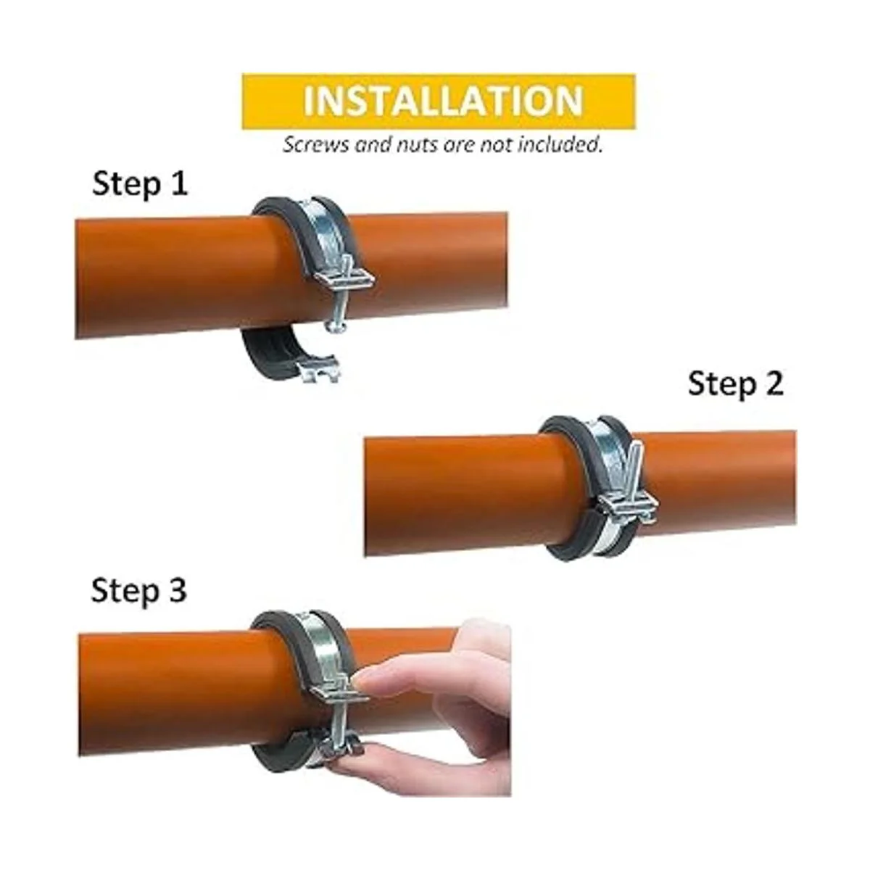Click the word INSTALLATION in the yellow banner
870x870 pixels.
click(442, 101)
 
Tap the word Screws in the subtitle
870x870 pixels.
click(316, 144)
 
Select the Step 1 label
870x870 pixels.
click(139, 185)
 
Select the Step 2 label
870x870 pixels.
click(735, 384)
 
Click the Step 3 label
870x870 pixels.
click(138, 591)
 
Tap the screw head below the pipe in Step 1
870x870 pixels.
click(336, 326)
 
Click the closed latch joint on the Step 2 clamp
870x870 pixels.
click(628, 505)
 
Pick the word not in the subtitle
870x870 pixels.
click(496, 144)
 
